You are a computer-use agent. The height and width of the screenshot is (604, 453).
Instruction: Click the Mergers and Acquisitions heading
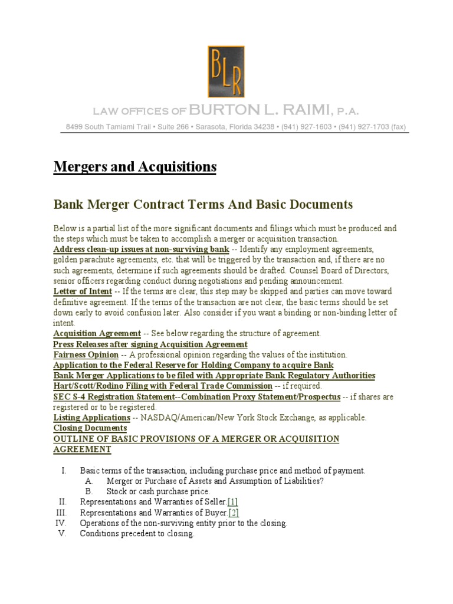(x=135, y=168)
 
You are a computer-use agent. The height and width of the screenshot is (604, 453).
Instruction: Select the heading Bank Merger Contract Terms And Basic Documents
(x=203, y=205)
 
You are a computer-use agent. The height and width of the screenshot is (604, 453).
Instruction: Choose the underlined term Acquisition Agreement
(x=97, y=333)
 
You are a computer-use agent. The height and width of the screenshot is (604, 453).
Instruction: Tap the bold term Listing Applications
(x=91, y=418)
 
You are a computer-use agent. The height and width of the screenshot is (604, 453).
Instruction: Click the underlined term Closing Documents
(x=90, y=428)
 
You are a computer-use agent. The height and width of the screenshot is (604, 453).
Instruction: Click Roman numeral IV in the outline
(x=60, y=523)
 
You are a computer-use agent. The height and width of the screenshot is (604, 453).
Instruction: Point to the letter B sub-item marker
(x=88, y=491)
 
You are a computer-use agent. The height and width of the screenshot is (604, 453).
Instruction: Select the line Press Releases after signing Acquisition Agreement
(x=150, y=344)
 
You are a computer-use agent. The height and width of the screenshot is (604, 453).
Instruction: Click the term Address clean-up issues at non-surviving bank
(x=140, y=250)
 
